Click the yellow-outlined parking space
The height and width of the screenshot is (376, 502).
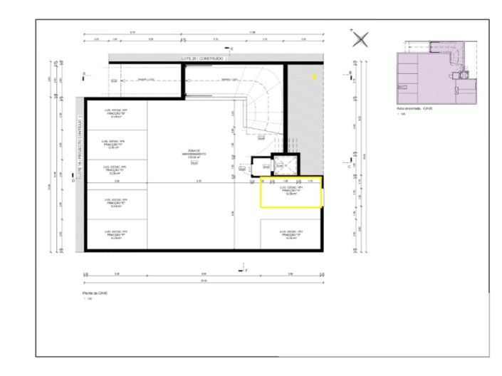click(291, 193)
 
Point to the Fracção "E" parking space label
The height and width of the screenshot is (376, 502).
click(116, 202)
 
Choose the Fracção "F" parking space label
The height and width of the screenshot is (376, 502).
click(116, 234)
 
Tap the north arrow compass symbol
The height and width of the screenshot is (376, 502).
click(361, 39)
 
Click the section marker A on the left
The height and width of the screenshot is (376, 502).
click(85, 73)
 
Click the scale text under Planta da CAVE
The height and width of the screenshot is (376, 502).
click(87, 298)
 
